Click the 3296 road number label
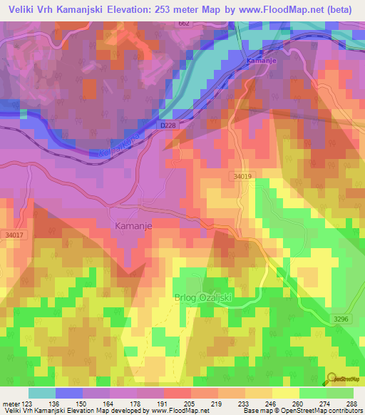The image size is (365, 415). [341, 319]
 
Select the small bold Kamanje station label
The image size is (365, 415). [260, 61]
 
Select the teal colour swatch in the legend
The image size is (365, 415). [43, 393]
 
